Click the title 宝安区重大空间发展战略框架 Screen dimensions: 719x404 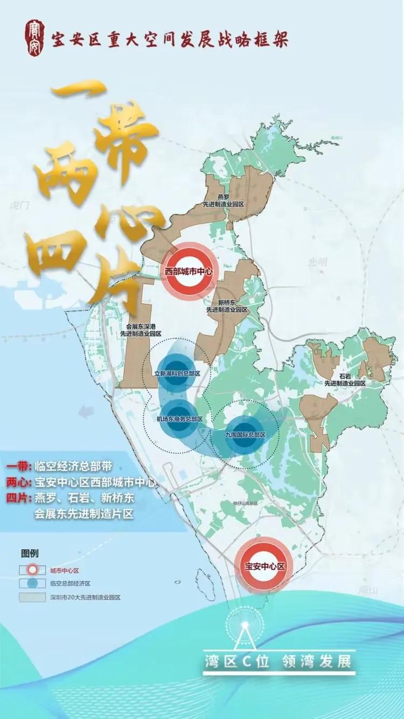pyautogui.click(x=170, y=39)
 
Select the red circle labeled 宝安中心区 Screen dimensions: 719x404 pyautogui.click(x=264, y=566)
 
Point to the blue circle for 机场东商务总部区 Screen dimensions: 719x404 pyautogui.click(x=179, y=419)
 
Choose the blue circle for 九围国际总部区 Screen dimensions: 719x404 pyautogui.click(x=245, y=434)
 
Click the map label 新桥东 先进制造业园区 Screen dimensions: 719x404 pyautogui.click(x=227, y=306)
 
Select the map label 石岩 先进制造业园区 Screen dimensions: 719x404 pyautogui.click(x=345, y=379)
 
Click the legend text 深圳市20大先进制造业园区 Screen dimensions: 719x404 pyautogui.click(x=85, y=597)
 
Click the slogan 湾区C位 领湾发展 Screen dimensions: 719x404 pyautogui.click(x=278, y=661)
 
